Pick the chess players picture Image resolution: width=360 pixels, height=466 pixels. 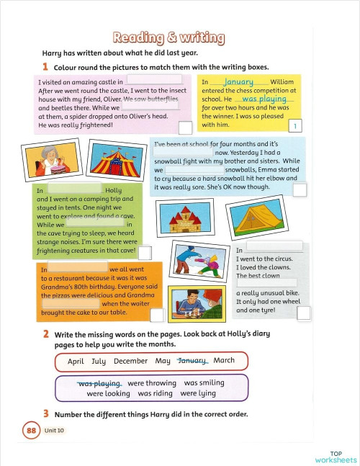(x=196, y=303)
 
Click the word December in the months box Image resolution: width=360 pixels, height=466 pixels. (x=130, y=362)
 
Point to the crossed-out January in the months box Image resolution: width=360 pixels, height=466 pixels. (x=192, y=361)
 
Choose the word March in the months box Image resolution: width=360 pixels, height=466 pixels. (x=224, y=361)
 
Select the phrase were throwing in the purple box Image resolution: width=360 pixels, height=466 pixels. (x=151, y=383)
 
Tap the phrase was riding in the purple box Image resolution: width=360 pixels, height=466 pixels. (x=155, y=394)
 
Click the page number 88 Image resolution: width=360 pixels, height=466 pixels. (x=31, y=431)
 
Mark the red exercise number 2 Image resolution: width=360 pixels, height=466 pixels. (x=45, y=335)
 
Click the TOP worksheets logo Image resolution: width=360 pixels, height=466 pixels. (x=336, y=457)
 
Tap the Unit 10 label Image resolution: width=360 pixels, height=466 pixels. (x=55, y=431)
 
